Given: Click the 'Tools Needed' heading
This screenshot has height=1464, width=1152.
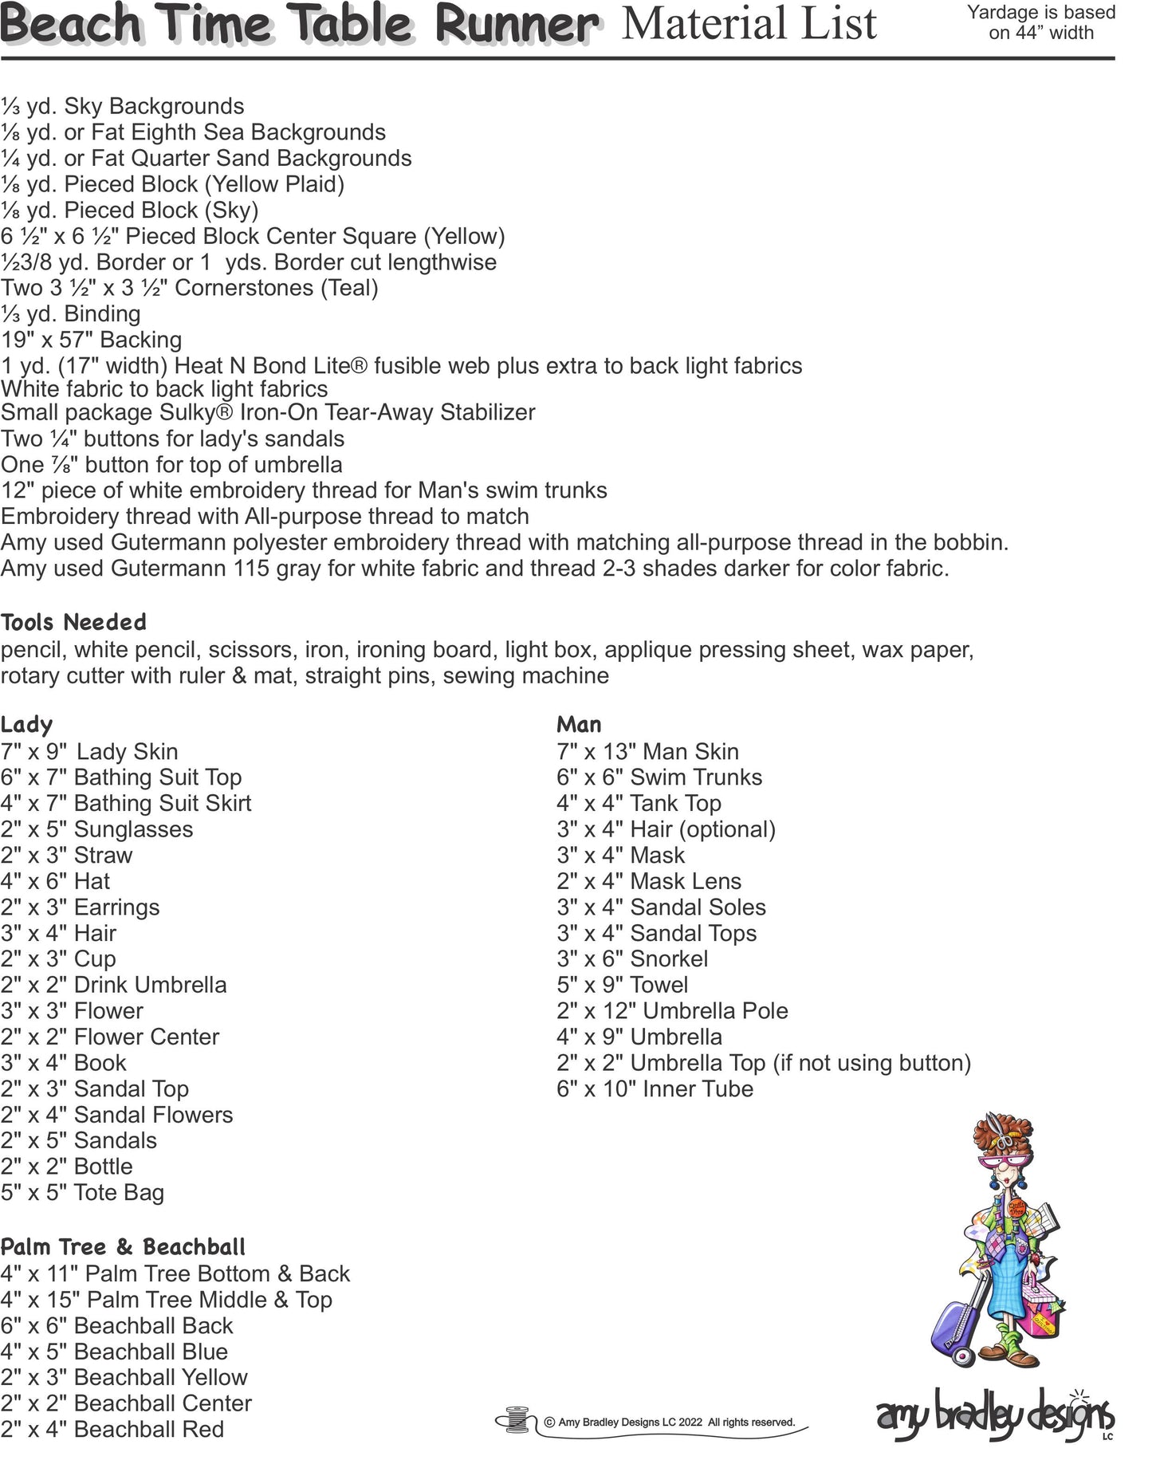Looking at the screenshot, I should coord(73,623).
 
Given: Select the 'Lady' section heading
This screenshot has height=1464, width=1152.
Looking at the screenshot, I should coord(26,725).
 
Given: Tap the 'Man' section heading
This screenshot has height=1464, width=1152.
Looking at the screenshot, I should coord(579,725).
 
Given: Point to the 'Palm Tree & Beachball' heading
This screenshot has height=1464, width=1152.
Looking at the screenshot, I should coord(123,1247).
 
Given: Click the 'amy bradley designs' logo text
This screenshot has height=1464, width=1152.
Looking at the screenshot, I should coord(994,1416).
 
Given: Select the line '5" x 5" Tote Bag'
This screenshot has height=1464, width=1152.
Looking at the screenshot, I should coord(82,1193).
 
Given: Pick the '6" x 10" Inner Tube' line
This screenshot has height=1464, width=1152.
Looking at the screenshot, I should coord(655,1089).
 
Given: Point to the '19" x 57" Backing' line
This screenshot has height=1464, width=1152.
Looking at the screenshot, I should coord(92,340).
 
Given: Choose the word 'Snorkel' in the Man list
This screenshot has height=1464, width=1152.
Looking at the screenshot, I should coord(669,959).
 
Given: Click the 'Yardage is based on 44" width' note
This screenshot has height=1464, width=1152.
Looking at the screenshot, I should coord(1040,22).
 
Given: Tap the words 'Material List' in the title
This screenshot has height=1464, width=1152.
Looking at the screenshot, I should coord(749,24).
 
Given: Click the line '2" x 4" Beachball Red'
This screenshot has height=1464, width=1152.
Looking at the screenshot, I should coord(112,1430).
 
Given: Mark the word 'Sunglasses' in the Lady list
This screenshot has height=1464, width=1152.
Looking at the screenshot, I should coord(133,829).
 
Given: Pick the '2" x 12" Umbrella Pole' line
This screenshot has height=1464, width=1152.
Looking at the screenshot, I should coord(672,1011).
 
